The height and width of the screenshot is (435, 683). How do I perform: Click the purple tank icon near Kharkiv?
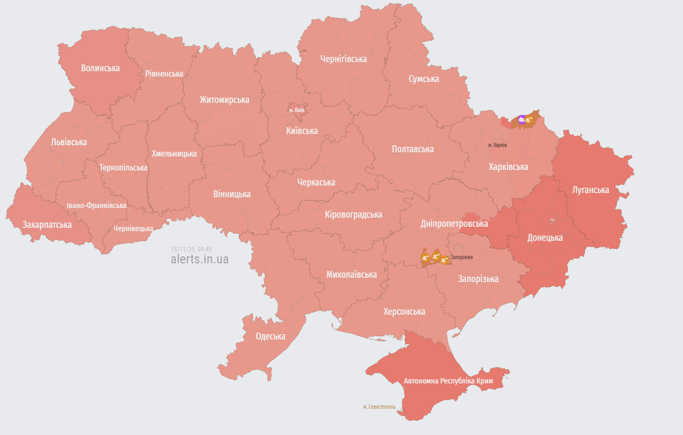pos(521,120)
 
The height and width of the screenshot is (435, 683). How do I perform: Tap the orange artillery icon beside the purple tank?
pos(529,120)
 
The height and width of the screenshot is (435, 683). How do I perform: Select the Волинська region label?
pos(100,68)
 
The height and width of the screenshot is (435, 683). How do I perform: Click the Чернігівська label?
pos(343,59)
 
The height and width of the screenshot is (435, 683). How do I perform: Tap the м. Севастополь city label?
pos(379,407)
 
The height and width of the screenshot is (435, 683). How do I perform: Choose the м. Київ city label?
pos(297,110)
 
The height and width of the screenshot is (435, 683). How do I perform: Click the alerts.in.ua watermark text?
pos(199,259)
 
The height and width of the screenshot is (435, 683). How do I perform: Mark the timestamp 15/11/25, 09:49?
pos(191,249)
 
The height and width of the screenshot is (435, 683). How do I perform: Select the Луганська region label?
pos(591,190)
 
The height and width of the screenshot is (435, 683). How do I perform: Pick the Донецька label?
pos(544,237)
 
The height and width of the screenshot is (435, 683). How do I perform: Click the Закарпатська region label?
pos(47,225)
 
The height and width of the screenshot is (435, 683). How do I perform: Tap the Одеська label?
pos(270,336)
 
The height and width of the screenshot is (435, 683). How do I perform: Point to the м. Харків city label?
pos(497,145)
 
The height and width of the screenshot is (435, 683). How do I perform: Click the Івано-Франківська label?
pos(97,205)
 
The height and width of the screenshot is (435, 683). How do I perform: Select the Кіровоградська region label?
pos(353,215)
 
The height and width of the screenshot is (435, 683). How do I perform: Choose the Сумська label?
pos(424,79)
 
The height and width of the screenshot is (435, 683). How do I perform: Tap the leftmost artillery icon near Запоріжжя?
pos(426,259)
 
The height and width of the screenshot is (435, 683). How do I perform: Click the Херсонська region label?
pos(404,312)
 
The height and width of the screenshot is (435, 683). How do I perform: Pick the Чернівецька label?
pos(133,228)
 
